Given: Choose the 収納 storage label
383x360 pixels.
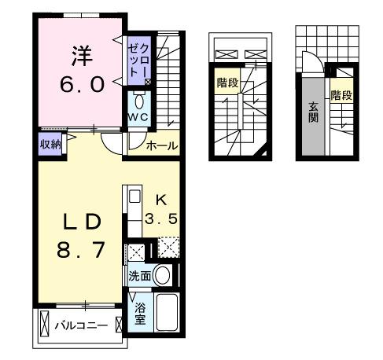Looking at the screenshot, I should point(50,143).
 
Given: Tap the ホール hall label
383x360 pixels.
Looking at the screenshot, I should point(161,145).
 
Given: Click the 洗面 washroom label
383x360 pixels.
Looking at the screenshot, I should point(138,276).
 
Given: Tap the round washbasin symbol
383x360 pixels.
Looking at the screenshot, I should point(163,276).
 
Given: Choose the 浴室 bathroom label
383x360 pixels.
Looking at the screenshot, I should point(138,313).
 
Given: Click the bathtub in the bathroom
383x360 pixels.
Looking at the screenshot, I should point(168,313).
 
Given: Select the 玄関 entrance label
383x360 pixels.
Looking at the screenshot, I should point(313,116).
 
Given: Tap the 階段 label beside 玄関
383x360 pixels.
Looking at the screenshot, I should point(341,96).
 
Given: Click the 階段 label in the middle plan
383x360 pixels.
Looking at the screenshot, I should point(227,82).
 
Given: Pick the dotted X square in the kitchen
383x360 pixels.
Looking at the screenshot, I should point(168,249).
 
